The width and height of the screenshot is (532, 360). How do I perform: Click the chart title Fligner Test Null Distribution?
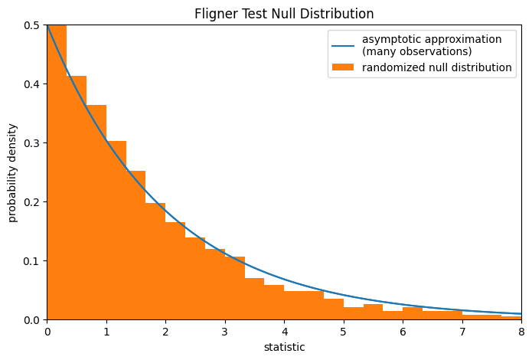coord(284,14)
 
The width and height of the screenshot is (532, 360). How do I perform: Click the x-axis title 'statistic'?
coord(284,347)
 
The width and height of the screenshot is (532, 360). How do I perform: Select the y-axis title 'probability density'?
coord(13,172)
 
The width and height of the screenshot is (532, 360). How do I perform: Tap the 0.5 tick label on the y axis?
coord(31,25)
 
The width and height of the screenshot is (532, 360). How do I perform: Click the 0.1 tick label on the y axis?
coord(31,261)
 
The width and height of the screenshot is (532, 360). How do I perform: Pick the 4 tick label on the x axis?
coord(284,332)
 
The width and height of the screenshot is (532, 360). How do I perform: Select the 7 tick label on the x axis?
coord(462,332)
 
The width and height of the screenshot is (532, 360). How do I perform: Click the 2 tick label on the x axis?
coord(165,332)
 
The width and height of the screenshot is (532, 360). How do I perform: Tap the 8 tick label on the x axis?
coord(521,332)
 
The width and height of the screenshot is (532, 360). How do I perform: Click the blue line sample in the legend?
coord(343,45)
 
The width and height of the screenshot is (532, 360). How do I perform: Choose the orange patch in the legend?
coord(343,67)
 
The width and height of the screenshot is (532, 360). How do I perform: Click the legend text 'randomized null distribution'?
coord(437,67)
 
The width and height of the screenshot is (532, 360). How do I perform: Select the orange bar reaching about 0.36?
coord(96,214)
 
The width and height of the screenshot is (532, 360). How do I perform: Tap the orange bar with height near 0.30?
coord(116,230)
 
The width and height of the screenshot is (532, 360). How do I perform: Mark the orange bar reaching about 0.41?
coord(77,199)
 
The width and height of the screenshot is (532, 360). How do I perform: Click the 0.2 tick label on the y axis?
coord(31,202)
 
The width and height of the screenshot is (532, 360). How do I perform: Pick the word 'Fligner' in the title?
coord(217,14)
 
